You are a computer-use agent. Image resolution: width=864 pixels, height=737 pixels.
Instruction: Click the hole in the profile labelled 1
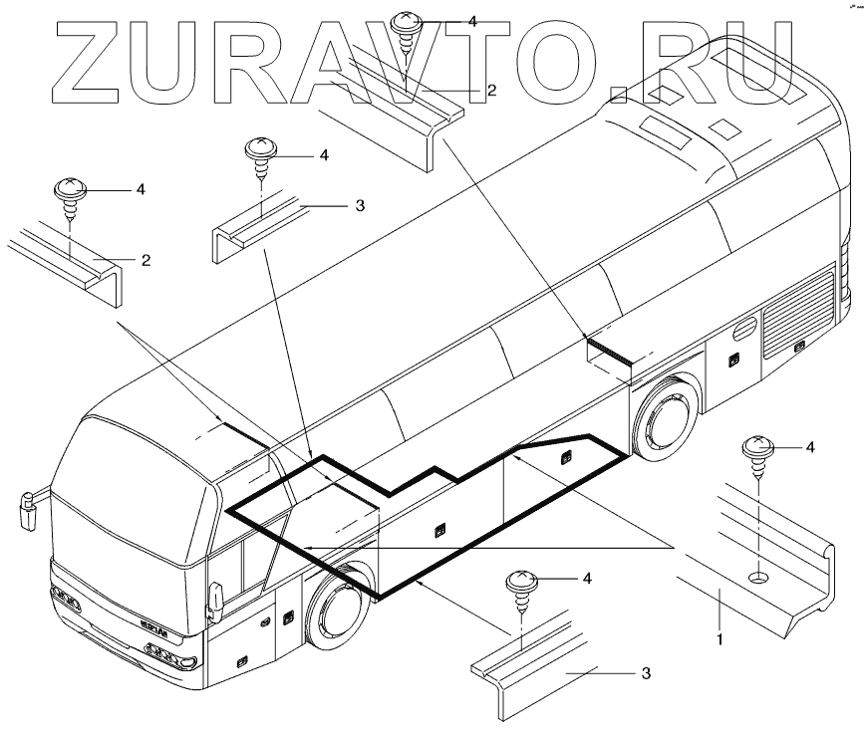coord(758,577)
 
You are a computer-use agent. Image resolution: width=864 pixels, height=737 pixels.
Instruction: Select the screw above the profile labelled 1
coord(758,453)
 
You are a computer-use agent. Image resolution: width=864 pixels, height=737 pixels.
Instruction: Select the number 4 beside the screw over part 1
coord(810,447)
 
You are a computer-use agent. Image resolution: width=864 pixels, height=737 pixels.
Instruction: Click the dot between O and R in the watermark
coord(620,96)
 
